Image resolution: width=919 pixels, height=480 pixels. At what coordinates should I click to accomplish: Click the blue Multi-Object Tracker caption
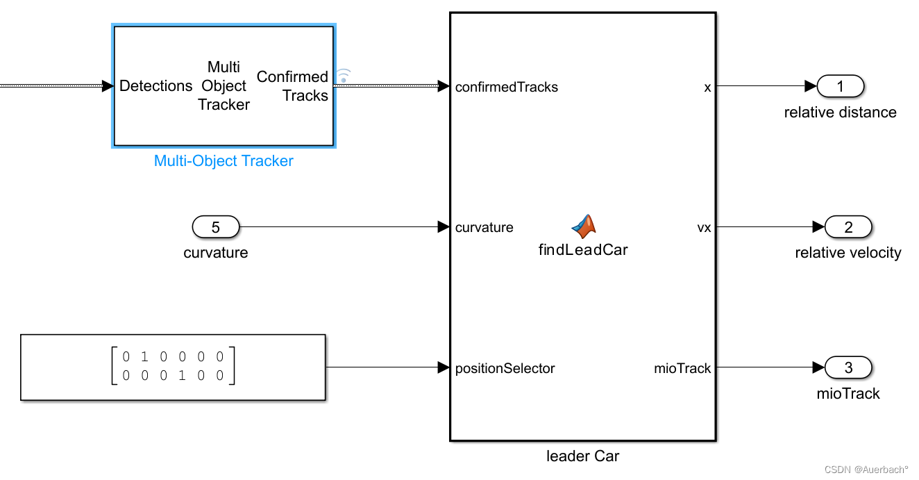click(x=224, y=161)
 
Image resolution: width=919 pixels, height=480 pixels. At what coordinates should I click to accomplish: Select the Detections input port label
click(x=156, y=86)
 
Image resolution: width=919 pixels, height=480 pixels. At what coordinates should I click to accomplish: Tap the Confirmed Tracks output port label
click(x=293, y=86)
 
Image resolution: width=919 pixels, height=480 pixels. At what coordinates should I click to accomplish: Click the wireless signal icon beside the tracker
click(x=344, y=75)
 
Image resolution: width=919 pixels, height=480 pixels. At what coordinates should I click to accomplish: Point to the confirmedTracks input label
click(x=507, y=88)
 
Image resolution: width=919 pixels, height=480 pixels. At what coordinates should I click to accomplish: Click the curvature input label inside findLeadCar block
click(x=484, y=227)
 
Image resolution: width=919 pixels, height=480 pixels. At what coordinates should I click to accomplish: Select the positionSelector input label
click(x=505, y=368)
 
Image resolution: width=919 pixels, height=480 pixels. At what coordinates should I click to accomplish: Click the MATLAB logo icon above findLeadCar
click(x=584, y=225)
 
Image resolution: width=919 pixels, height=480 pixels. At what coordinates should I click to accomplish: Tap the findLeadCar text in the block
click(x=583, y=250)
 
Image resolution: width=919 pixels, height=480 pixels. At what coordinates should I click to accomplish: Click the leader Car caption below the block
click(x=583, y=456)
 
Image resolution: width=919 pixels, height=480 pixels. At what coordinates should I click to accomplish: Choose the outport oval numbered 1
click(x=841, y=87)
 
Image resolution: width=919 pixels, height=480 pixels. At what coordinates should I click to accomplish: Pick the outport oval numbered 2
click(x=848, y=227)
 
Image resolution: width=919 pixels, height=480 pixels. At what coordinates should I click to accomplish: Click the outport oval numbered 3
click(x=848, y=368)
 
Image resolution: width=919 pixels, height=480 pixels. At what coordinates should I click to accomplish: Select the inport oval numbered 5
click(x=215, y=227)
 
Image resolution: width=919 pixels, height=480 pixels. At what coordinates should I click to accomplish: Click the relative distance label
click(x=840, y=113)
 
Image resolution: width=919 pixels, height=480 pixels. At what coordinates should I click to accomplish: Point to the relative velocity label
click(x=848, y=253)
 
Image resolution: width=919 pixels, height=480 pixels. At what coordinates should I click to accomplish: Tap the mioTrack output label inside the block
click(x=682, y=368)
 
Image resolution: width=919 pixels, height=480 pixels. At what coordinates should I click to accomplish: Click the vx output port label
click(x=704, y=227)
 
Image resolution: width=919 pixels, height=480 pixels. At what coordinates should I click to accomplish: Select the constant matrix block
click(x=173, y=367)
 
